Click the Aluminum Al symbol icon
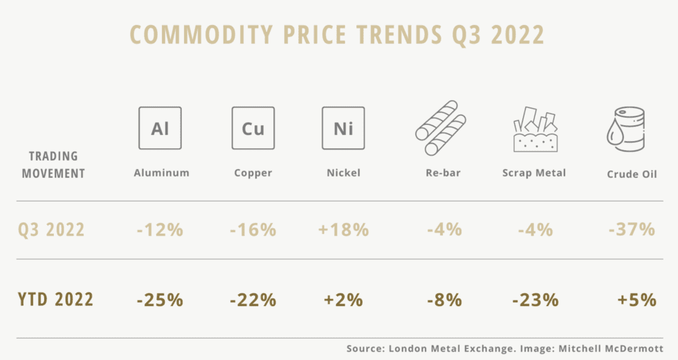click(x=160, y=128)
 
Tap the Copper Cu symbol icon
click(x=253, y=128)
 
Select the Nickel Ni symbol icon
click(x=343, y=128)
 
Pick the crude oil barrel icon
click(x=626, y=129)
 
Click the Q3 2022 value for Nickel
click(x=343, y=229)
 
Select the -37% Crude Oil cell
click(x=632, y=229)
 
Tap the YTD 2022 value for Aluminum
click(x=160, y=300)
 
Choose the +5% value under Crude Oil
click(x=636, y=300)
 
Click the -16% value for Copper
click(x=253, y=229)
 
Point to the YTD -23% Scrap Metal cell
click(x=535, y=300)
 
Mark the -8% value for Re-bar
click(x=443, y=300)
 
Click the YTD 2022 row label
click(x=56, y=300)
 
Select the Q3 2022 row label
click(x=51, y=229)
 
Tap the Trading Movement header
click(x=53, y=165)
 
